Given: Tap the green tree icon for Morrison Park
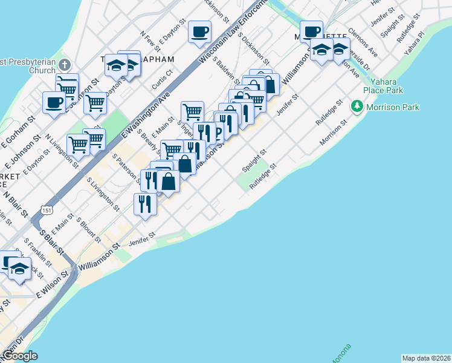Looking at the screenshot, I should pyautogui.click(x=357, y=107).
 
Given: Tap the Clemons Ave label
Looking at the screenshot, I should pyautogui.click(x=363, y=42).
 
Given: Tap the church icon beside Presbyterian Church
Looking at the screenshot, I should pyautogui.click(x=65, y=65).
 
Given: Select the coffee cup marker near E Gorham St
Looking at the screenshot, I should pyautogui.click(x=54, y=102).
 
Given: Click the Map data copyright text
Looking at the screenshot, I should pyautogui.click(x=426, y=358).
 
